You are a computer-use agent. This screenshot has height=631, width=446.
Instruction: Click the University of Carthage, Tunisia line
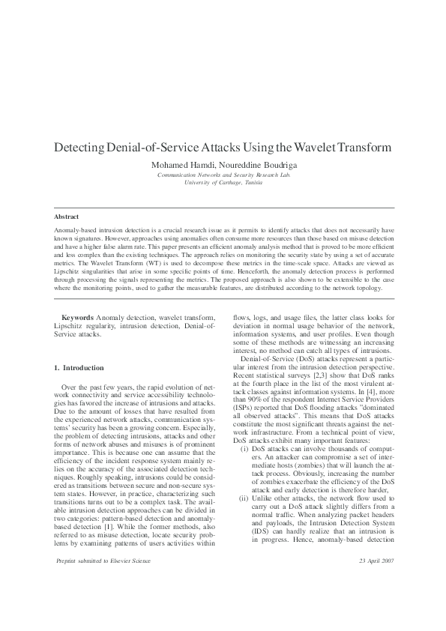[x=223, y=182]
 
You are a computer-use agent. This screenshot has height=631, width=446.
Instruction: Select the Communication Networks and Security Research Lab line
[x=223, y=175]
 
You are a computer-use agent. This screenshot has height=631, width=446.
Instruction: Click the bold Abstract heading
[x=67, y=217]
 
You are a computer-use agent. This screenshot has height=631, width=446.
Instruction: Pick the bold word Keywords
[x=77, y=318]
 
